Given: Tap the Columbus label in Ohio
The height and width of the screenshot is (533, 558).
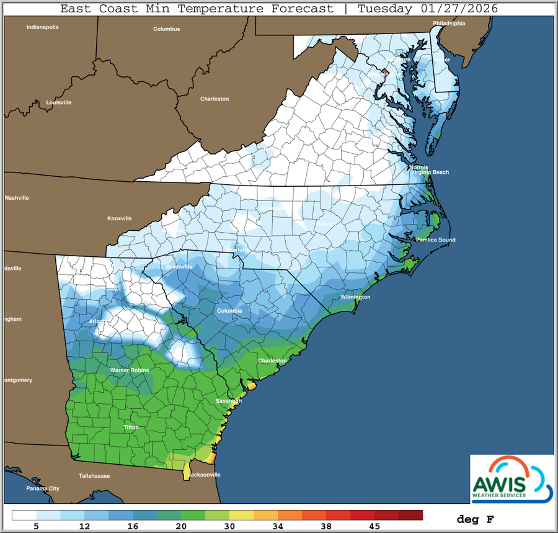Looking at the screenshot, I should coord(167,29).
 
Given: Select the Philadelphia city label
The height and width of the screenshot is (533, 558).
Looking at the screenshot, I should coord(449,24).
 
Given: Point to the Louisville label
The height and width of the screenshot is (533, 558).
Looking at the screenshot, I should coord(59,102).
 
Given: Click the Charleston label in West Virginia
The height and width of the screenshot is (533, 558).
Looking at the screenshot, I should coord(215,99).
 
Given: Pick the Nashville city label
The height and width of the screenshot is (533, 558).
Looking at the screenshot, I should coord(17,198).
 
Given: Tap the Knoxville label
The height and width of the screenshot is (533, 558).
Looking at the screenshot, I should coord(120,218).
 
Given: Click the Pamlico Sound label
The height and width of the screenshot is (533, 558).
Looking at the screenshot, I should coord(436,240).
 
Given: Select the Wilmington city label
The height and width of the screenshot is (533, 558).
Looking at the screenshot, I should coord(355,297).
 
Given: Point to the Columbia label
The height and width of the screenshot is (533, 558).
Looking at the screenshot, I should coord(229,310).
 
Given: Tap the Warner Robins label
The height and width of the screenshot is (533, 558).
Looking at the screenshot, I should coord(128,370).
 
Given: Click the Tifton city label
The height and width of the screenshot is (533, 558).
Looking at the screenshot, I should coord(131,428).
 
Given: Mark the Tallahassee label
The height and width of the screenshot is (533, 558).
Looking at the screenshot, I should coord(94,476).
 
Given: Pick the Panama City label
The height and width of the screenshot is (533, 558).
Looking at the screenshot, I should coord(43,489).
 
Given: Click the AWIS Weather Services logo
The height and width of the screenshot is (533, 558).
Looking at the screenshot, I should coord(511,478).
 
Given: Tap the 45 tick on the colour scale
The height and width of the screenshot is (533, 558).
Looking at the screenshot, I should coord(374,526).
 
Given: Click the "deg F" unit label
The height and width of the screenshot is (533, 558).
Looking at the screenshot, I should coord(475,519).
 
